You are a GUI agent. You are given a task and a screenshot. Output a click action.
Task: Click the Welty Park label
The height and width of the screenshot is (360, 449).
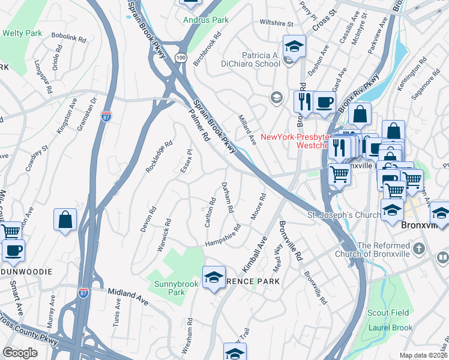point(22,33)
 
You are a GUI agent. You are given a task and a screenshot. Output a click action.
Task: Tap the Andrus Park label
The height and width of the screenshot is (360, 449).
point(206,20)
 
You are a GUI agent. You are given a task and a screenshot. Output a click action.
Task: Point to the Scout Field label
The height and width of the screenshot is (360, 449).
point(388,313)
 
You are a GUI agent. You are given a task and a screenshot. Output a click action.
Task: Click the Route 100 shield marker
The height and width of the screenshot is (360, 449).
point(181,57)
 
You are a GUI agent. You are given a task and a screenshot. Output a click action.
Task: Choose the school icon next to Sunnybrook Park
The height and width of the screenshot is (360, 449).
point(214,278)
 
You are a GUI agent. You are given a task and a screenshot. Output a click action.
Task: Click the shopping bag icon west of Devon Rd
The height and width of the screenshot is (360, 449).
point(65,220)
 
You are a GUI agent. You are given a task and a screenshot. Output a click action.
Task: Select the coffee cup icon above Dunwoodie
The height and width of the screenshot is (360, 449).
point(13,251)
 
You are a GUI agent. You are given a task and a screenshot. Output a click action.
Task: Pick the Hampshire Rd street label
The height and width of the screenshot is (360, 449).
point(223,236)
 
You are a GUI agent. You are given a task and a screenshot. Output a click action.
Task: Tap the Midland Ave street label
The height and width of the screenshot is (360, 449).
point(128,295)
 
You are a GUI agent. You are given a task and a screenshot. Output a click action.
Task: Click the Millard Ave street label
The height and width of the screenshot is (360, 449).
point(247,130)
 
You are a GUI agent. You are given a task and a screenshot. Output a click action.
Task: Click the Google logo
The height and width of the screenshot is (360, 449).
point(20,352)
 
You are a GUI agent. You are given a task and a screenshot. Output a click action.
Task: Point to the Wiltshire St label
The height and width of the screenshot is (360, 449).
point(276,24)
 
